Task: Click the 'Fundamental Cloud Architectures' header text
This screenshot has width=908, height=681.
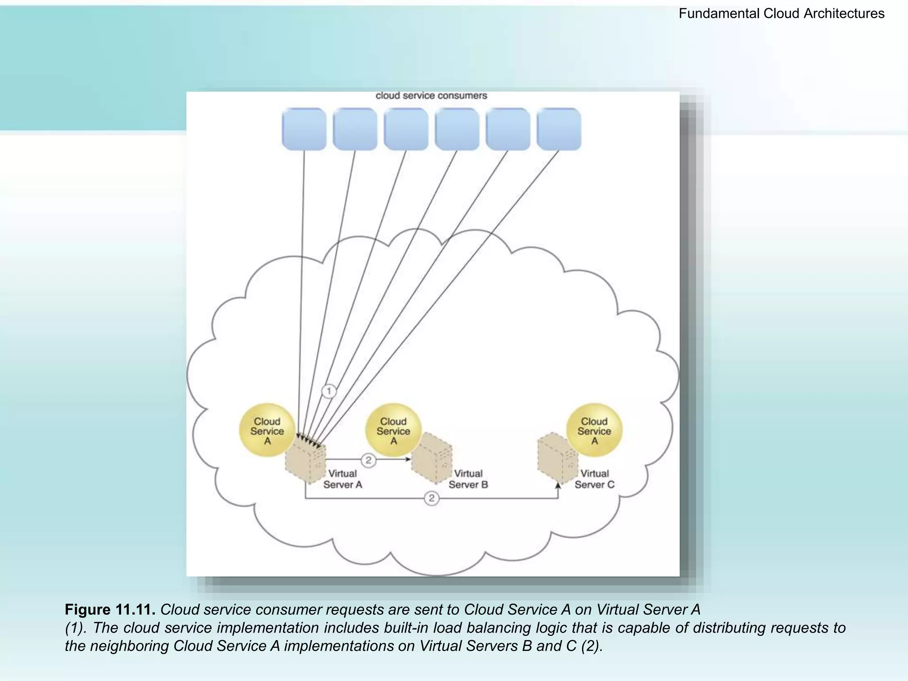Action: [781, 14]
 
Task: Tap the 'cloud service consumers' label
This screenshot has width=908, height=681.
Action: [431, 96]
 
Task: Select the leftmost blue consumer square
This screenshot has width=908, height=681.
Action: [304, 129]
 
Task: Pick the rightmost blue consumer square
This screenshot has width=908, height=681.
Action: [559, 129]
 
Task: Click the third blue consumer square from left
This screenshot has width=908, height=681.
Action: [406, 129]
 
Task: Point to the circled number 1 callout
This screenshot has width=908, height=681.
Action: [329, 391]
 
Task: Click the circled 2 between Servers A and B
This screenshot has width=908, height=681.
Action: [368, 460]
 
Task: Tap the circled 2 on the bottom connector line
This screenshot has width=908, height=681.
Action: [431, 498]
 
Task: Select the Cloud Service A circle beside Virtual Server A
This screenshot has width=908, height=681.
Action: [267, 430]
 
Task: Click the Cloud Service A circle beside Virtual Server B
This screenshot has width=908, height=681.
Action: [393, 430]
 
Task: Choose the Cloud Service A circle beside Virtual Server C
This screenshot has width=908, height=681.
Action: [594, 430]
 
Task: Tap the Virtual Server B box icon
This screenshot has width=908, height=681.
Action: [432, 459]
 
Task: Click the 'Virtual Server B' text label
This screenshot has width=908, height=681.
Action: [468, 479]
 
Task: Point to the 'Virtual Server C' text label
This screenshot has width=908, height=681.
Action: [595, 479]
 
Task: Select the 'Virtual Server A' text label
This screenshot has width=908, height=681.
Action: [343, 479]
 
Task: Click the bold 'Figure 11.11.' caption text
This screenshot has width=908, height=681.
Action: [110, 610]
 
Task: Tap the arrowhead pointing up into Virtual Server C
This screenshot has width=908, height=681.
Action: [558, 486]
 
